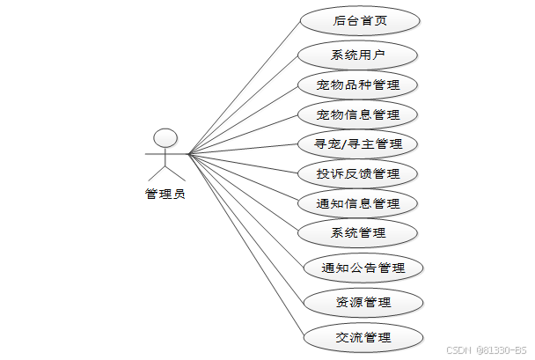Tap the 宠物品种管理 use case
(x=357, y=84)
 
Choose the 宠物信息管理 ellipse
(x=357, y=114)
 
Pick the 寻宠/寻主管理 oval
(x=357, y=143)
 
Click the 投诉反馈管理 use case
(x=357, y=173)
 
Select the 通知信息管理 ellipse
(x=357, y=203)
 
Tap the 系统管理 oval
(x=358, y=232)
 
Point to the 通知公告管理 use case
(x=363, y=268)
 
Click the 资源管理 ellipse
(x=363, y=303)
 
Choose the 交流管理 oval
(x=363, y=337)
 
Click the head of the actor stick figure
(x=165, y=137)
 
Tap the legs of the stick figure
(x=165, y=174)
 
